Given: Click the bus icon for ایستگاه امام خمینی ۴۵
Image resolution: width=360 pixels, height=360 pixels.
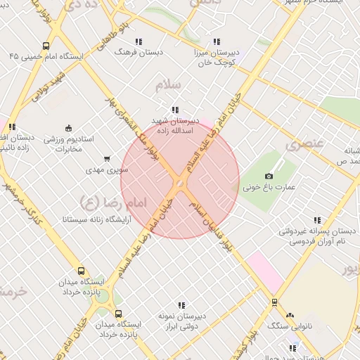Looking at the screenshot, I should click(x=46, y=46).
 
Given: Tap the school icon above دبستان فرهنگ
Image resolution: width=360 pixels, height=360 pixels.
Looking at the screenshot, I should click(x=139, y=41).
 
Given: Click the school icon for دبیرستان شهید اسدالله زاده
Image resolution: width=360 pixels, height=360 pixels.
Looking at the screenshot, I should click(x=174, y=110).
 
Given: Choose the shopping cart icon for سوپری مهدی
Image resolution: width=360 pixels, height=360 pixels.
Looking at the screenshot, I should click(x=107, y=159).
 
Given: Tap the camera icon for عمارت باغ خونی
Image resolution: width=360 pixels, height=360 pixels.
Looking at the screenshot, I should click(x=269, y=175).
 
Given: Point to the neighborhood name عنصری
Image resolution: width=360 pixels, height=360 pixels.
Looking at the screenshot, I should click(x=304, y=146).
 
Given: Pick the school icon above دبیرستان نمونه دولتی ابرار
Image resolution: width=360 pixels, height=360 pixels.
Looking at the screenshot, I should click(x=181, y=305).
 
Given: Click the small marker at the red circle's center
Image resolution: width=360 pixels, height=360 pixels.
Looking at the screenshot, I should click(x=180, y=184).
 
